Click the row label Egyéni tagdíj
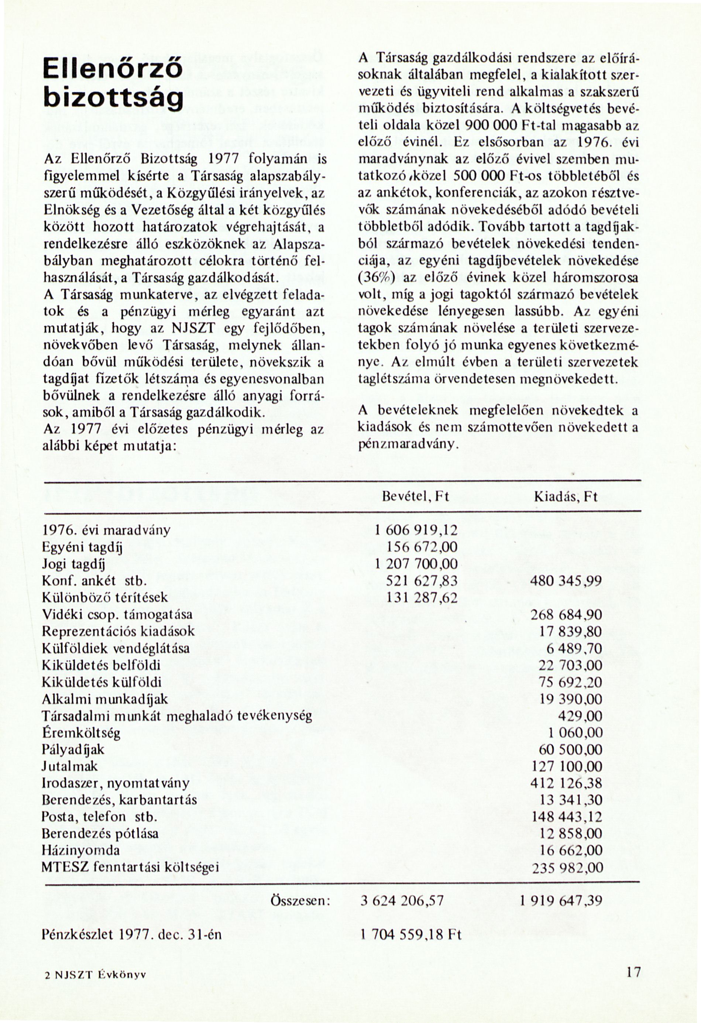tap(82, 547)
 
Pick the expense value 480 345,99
tap(566, 581)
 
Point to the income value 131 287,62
tap(422, 598)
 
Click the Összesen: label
tap(300, 901)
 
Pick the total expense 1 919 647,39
tap(561, 901)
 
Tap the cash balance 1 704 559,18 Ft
tap(410, 934)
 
